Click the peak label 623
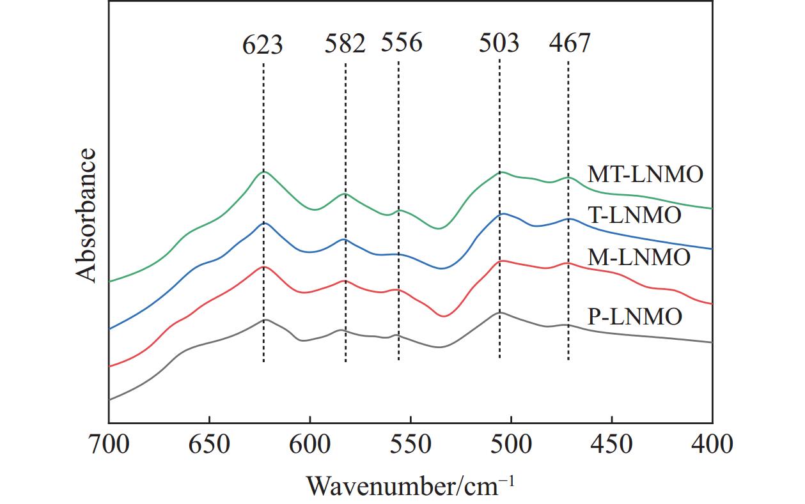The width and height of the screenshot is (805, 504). pos(263,45)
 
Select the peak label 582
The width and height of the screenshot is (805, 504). pos(345,44)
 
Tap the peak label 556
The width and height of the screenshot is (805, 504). pos(402,43)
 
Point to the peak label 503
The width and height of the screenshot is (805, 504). pos(499,43)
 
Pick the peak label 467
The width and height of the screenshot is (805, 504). pos(570,43)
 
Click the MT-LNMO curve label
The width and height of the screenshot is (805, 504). pos(645,174)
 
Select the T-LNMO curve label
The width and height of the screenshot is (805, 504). pos(634,215)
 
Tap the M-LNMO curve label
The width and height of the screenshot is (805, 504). pos(639,257)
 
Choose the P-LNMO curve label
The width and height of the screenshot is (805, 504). pos(635,316)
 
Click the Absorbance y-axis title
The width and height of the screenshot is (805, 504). pos(86,215)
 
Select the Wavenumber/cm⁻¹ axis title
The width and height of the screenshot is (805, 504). pos(410,485)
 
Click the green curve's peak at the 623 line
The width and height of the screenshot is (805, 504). pos(263,172)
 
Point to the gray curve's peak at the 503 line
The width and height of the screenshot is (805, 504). pos(499,312)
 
